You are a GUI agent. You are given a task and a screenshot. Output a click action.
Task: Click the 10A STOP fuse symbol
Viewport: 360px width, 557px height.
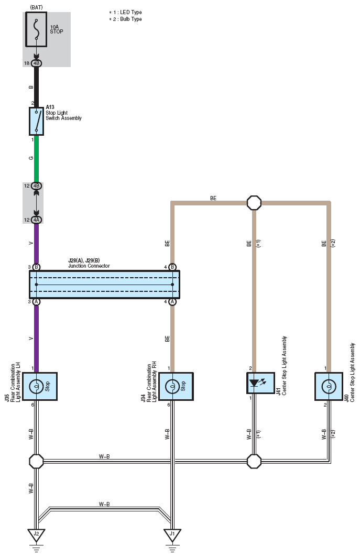pos(36,29)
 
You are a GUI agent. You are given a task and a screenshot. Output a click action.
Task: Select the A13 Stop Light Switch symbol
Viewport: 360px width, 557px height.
pos(36,121)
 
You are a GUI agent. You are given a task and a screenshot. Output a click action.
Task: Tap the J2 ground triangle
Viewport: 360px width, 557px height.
pos(36,534)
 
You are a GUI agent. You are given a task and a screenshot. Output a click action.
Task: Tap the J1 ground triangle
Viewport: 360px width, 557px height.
pos(172,534)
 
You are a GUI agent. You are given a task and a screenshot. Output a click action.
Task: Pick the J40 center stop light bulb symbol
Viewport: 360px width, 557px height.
pos(329,386)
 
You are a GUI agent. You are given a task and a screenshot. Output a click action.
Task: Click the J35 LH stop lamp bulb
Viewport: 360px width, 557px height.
pos(36,386)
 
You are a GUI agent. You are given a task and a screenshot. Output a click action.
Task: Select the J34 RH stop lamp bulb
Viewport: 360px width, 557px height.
pos(172,386)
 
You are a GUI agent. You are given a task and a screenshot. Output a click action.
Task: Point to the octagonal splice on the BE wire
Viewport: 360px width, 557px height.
pos(254,203)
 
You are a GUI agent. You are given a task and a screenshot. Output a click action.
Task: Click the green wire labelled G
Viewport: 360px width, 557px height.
pos(36,159)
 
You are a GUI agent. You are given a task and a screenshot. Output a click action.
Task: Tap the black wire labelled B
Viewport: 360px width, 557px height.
pos(36,87)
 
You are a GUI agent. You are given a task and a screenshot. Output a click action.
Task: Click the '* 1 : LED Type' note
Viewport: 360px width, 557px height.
pos(125,13)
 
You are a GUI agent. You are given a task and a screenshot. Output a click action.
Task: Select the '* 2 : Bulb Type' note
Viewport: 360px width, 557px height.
pos(125,19)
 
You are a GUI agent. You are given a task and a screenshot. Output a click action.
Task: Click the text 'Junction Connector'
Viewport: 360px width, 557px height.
pos(89,266)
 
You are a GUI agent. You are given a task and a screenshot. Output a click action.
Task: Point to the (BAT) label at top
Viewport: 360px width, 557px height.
pos(36,7)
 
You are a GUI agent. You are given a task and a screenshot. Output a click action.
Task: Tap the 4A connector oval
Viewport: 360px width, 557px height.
pos(36,220)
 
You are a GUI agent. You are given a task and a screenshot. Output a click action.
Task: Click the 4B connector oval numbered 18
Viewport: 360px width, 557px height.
pos(36,63)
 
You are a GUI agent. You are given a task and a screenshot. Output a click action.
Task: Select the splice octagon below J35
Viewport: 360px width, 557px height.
pos(36,462)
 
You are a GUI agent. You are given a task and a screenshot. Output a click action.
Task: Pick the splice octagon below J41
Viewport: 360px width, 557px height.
pos(254,462)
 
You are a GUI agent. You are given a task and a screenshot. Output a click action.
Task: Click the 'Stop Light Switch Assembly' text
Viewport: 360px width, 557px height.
pos(63,115)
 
